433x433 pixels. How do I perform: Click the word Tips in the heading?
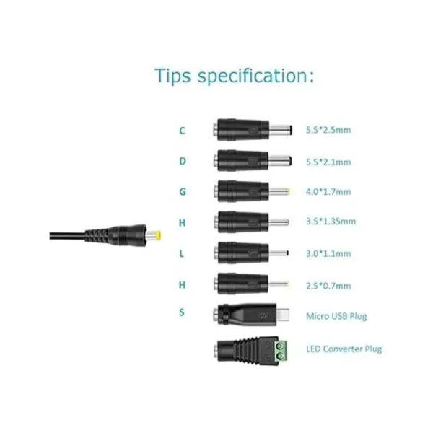click(172, 75)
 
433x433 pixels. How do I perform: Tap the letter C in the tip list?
click(182, 131)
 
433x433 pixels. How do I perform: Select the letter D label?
click(183, 161)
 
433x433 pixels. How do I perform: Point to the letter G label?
click(183, 192)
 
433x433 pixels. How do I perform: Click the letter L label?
click(181, 253)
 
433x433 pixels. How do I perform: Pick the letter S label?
click(181, 312)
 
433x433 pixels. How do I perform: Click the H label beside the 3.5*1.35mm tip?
click(182, 223)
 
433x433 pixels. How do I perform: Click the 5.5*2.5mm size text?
click(328, 130)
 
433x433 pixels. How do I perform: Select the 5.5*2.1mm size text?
click(328, 162)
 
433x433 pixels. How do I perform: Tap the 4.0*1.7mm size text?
click(328, 192)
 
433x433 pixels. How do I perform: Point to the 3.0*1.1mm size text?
click(328, 253)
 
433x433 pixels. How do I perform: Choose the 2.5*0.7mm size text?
click(328, 286)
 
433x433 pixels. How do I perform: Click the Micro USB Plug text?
click(336, 316)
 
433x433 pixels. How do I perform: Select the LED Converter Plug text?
click(344, 349)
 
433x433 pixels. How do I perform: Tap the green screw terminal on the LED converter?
click(281, 350)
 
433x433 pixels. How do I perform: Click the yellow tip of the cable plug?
click(158, 236)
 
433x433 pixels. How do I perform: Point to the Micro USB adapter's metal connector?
click(284, 315)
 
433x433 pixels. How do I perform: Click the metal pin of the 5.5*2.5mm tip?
click(281, 130)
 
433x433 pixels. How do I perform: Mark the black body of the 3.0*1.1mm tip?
click(241, 253)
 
